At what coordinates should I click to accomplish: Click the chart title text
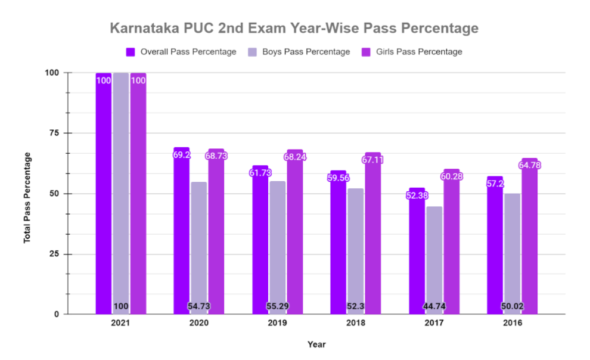(x=294, y=28)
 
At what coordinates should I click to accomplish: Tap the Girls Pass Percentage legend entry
(x=419, y=52)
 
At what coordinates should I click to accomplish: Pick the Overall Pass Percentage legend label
(x=188, y=52)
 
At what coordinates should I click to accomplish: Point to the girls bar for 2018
(x=373, y=238)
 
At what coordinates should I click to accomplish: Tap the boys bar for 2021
(x=121, y=191)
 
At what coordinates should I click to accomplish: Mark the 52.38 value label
(x=417, y=195)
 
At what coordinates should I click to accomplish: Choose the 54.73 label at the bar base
(x=199, y=307)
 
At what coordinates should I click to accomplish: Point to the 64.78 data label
(x=529, y=165)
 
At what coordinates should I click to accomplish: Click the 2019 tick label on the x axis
(x=278, y=323)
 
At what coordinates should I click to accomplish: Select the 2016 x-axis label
(x=513, y=323)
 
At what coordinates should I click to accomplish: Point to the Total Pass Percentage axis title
(x=27, y=197)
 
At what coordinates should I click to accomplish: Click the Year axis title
(x=316, y=345)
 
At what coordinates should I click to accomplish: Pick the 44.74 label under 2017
(x=434, y=307)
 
